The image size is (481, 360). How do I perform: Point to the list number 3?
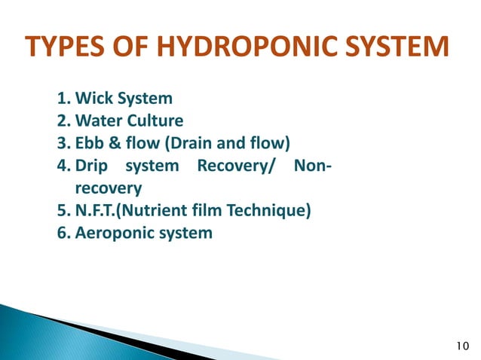[x=61, y=143]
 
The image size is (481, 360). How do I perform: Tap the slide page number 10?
[x=464, y=346]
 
